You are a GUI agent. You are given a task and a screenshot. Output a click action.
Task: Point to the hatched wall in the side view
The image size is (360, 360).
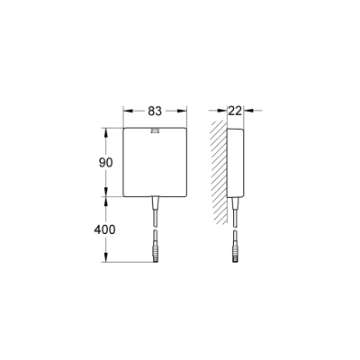tap(218, 171)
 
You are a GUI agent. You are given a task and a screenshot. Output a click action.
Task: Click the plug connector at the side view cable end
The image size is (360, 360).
tap(236, 245)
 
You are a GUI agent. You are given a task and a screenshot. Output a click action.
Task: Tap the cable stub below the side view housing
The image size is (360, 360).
tap(236, 211)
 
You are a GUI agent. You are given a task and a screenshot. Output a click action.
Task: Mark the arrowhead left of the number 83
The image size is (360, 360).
tap(126, 112)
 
